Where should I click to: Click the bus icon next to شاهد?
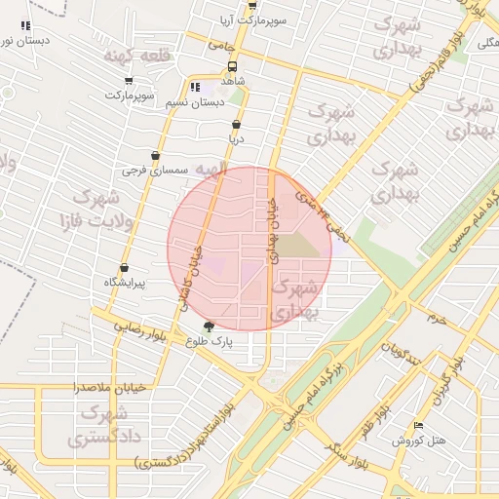tap(231, 67)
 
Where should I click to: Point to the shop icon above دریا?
tap(236, 125)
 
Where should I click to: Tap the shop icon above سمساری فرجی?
tap(155, 156)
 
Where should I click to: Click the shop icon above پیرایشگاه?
tap(124, 268)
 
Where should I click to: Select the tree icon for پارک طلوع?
tap(209, 326)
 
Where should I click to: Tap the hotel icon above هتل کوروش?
tap(419, 425)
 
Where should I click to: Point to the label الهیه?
tap(211, 170)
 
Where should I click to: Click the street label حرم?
tap(437, 319)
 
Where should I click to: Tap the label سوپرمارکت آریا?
tap(250, 19)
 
